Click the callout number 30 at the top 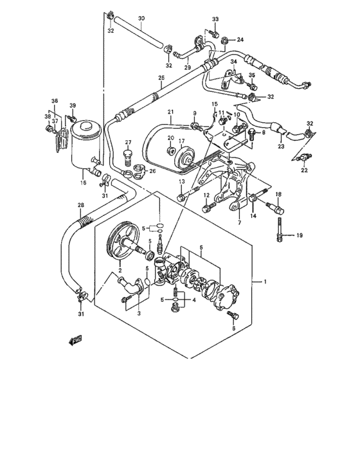141,18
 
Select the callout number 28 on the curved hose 80,206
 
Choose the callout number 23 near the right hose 281,146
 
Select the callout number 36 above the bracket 55,101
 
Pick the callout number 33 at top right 215,19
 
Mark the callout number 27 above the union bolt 128,142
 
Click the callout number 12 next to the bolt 206,195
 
